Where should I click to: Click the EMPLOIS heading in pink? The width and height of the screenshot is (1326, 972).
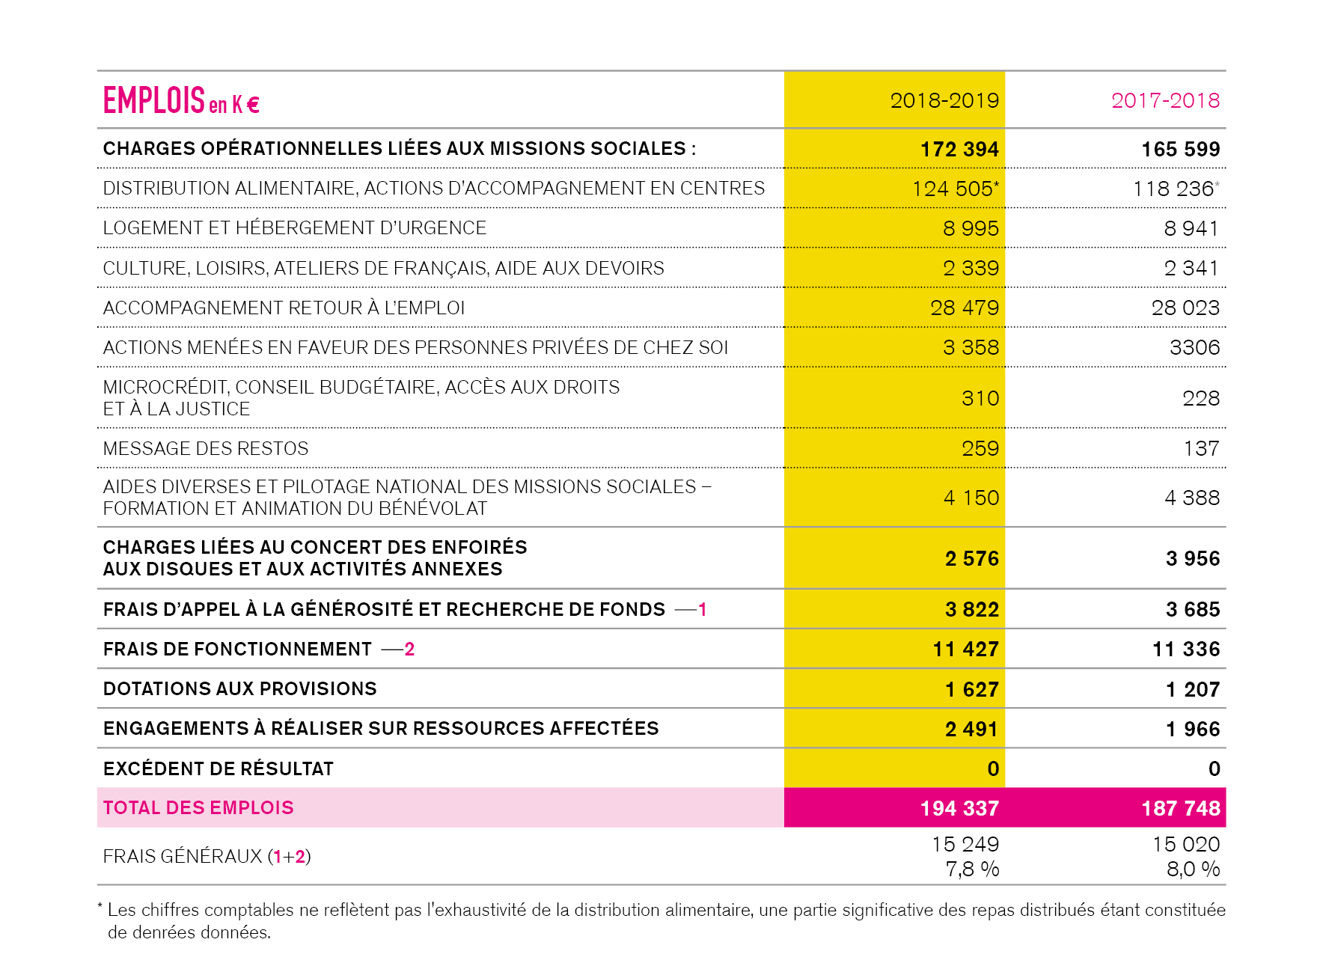153,100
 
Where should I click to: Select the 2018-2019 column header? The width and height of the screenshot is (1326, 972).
944,100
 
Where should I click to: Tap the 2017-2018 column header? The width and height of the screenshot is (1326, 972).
1165,100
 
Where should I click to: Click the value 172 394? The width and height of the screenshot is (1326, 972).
959,149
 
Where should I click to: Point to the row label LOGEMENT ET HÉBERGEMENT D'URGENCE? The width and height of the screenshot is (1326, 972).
294,227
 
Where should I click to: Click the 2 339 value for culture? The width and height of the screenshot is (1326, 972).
971,268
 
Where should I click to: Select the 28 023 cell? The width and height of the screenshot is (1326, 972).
1185,308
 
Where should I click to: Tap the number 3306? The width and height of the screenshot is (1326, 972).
1194,347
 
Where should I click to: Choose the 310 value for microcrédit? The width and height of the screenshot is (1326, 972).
980,398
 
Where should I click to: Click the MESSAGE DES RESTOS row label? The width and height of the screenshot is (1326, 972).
205,448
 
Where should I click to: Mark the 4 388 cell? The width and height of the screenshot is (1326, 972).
1192,498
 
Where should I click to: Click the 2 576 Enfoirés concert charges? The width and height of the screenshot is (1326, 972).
971,559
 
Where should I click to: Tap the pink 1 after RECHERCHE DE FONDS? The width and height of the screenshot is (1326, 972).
702,609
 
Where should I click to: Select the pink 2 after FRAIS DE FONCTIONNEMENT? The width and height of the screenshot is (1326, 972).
409,649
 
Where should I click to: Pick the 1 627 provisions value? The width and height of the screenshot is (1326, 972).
971,689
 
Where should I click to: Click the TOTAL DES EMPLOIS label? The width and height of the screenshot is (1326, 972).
198,807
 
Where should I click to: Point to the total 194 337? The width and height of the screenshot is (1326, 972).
959,808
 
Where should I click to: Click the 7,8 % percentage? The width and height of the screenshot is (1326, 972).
972,869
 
